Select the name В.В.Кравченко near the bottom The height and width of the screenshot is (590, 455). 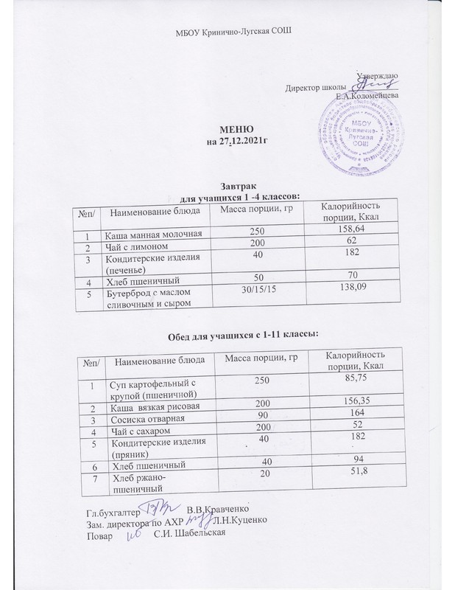coord(218,510)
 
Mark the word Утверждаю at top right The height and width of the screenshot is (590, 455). coord(377,76)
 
